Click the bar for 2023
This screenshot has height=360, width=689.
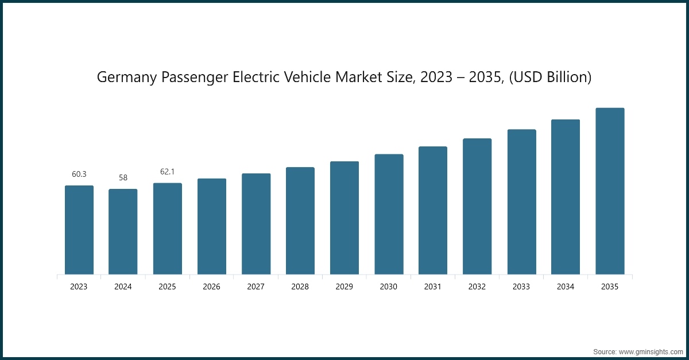[79, 230]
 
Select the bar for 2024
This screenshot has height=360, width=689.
[123, 231]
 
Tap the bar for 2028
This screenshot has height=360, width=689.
[300, 220]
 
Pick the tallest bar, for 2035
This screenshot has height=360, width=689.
[610, 191]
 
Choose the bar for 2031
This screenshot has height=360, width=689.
[433, 210]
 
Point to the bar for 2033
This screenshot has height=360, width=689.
[521, 202]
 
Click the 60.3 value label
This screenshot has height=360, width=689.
[79, 174]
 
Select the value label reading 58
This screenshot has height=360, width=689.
[123, 177]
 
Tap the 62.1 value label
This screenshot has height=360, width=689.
[167, 172]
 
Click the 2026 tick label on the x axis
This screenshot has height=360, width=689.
[211, 287]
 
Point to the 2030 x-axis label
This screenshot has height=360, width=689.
[389, 287]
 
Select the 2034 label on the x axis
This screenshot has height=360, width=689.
[566, 287]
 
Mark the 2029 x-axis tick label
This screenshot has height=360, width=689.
[344, 287]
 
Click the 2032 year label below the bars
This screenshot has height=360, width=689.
[477, 287]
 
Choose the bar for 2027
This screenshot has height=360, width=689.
[256, 224]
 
